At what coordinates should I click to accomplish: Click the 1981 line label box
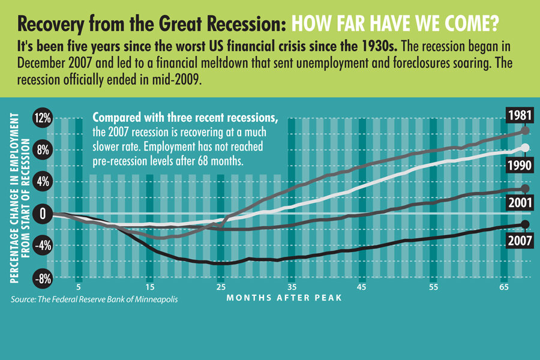[517, 115]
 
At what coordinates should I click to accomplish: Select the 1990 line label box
[517, 164]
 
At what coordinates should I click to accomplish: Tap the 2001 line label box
[517, 203]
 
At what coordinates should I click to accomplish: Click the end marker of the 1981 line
[526, 130]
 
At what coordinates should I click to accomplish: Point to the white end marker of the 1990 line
[526, 148]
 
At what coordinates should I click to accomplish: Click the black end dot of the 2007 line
[526, 224]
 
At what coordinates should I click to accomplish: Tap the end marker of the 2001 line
[526, 188]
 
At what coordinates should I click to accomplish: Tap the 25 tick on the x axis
[221, 287]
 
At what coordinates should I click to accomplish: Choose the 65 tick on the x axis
[504, 287]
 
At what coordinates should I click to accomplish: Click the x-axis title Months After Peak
[284, 298]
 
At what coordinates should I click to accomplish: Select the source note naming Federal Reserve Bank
[94, 298]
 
